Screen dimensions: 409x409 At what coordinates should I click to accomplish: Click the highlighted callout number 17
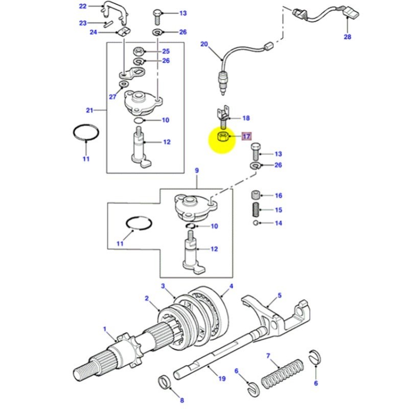click(x=246, y=137)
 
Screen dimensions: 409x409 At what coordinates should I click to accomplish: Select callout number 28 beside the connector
click(x=347, y=37)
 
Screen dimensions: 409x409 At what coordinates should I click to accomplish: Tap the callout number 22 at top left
click(x=83, y=6)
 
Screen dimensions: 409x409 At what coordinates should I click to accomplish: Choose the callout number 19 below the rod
click(x=222, y=379)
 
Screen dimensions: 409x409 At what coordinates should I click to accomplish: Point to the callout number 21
click(x=90, y=109)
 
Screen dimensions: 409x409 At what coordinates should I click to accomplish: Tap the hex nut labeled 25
click(x=138, y=51)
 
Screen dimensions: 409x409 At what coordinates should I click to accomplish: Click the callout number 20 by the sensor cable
click(x=204, y=44)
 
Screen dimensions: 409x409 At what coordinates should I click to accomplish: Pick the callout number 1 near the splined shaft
click(x=105, y=329)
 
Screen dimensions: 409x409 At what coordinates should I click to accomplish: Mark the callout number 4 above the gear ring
click(x=231, y=286)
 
